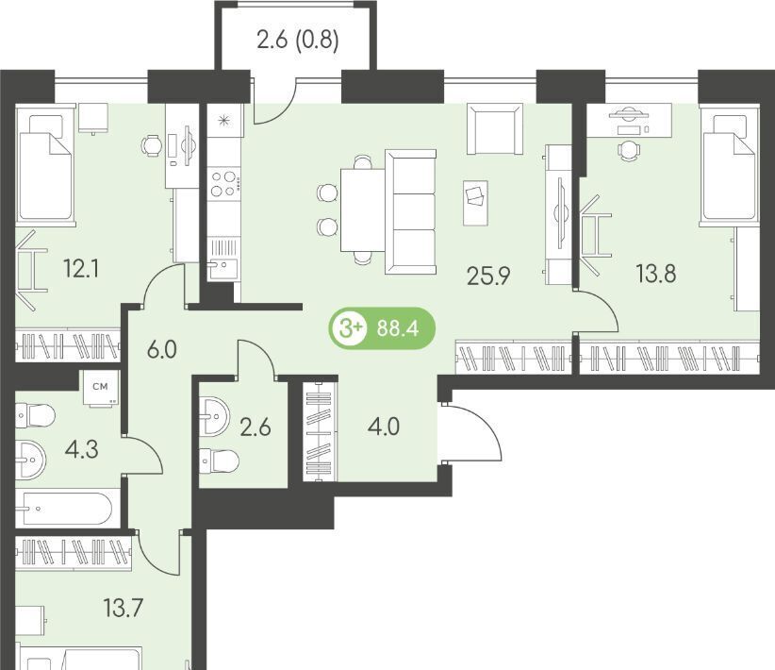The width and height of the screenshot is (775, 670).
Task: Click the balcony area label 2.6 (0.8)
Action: click(298, 40)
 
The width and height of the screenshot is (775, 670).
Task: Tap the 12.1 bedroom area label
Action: click(81, 269)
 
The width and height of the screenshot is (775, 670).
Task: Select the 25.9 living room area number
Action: click(488, 276)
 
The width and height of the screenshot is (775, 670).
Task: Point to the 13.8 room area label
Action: click(656, 273)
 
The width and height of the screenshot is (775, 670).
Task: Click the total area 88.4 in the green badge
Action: click(397, 328)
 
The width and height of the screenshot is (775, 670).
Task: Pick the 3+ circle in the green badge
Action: click(350, 328)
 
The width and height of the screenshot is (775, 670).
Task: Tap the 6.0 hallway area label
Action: click(161, 350)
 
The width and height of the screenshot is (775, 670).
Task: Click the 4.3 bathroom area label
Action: click(81, 449)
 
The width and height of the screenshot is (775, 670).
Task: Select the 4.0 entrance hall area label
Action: click(384, 427)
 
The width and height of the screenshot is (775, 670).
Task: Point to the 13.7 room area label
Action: click(124, 608)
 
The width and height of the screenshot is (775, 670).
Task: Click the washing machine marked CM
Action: click(100, 389)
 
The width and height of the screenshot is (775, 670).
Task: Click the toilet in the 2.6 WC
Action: click(219, 461)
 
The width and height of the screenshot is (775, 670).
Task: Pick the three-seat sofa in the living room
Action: click(410, 211)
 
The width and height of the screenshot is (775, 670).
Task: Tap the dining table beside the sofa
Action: click(362, 210)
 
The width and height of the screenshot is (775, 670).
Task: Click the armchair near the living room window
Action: click(495, 129)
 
